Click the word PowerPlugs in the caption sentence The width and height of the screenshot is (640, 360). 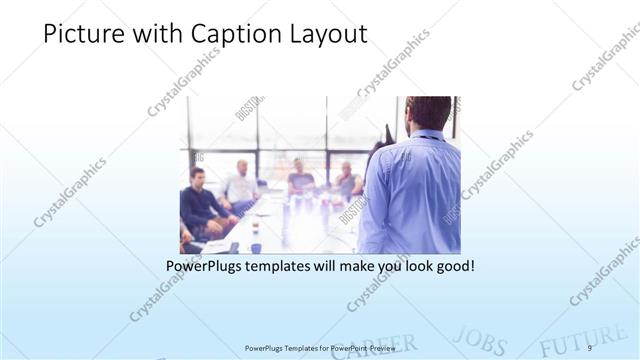click(x=208, y=267)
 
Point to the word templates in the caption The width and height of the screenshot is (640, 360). click(x=290, y=267)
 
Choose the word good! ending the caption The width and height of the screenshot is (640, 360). click(x=452, y=267)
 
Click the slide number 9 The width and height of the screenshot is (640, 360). click(x=590, y=347)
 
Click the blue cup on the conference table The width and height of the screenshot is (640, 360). click(x=255, y=247)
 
